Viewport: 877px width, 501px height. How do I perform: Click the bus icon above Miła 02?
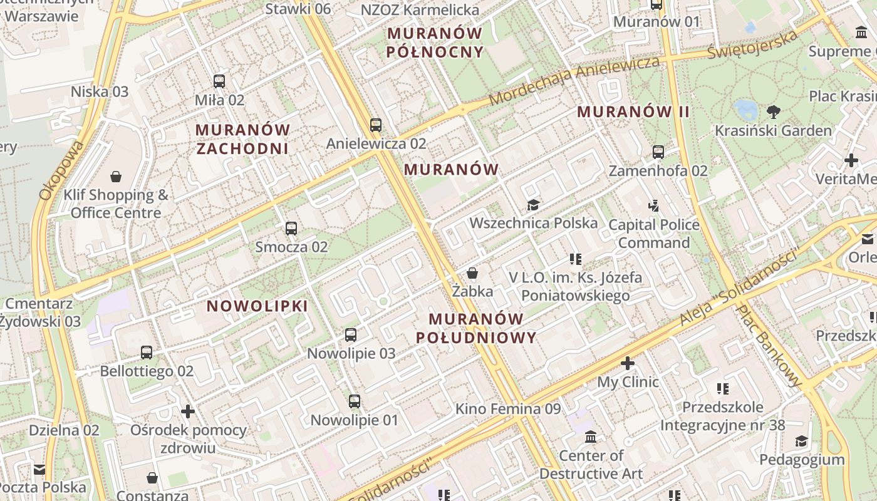[x=219, y=81]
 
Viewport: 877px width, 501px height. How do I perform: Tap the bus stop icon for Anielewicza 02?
[x=375, y=125]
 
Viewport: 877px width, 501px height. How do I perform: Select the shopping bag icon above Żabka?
[x=472, y=273]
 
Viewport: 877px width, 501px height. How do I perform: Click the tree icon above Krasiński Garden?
[x=774, y=112]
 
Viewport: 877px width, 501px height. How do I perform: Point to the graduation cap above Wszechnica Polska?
[x=533, y=205]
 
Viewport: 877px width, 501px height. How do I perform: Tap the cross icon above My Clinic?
[x=628, y=363]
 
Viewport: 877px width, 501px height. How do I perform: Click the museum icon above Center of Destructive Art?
[x=590, y=436]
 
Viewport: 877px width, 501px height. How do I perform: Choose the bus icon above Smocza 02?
[x=291, y=228]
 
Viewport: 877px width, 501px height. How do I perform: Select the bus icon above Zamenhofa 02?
[x=658, y=152]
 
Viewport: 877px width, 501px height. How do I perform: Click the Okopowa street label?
[x=61, y=170]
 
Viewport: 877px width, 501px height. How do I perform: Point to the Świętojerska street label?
[x=752, y=44]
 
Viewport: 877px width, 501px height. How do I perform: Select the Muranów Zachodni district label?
[x=242, y=139]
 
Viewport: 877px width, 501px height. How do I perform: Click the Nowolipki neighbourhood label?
[x=257, y=306]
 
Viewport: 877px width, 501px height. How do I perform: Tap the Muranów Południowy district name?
[x=476, y=328]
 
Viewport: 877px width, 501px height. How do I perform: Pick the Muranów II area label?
[x=633, y=112]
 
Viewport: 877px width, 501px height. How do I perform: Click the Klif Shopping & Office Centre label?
[x=116, y=204]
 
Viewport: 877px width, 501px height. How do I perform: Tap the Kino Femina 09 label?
[x=507, y=409]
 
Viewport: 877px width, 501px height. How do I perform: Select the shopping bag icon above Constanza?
[x=152, y=478]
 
